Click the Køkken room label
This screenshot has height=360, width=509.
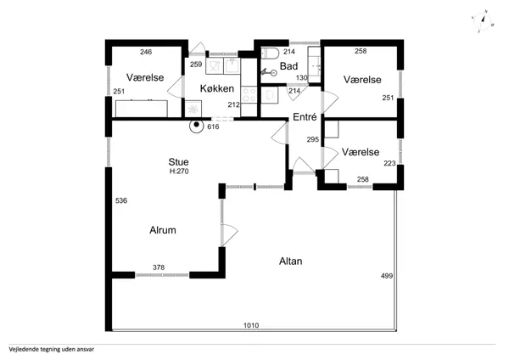pyautogui.click(x=217, y=88)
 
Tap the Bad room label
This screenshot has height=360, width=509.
pyautogui.click(x=288, y=66)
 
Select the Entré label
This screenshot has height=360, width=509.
pyautogui.click(x=305, y=117)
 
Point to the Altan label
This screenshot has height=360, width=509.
pyautogui.click(x=290, y=262)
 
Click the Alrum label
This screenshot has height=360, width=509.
pyautogui.click(x=163, y=230)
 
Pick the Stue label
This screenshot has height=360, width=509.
pyautogui.click(x=178, y=162)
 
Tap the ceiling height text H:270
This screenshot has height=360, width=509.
pyautogui.click(x=179, y=172)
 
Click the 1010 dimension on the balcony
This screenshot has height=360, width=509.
pyautogui.click(x=251, y=325)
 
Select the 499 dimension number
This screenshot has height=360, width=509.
pyautogui.click(x=387, y=276)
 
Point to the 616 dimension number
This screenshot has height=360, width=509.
pyautogui.click(x=213, y=127)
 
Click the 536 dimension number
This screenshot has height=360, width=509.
pyautogui.click(x=121, y=200)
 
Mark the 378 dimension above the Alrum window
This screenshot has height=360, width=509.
pyautogui.click(x=159, y=267)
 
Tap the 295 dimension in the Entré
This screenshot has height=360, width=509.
pyautogui.click(x=312, y=139)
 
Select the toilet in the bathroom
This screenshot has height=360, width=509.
pyautogui.click(x=270, y=53)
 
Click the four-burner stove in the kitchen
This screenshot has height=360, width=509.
pyautogui.click(x=249, y=94)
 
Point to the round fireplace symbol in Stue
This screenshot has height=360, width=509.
pyautogui.click(x=197, y=125)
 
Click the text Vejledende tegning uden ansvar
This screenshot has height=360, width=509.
pyautogui.click(x=52, y=350)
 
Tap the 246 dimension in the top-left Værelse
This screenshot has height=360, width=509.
pyautogui.click(x=146, y=52)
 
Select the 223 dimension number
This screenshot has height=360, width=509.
pyautogui.click(x=389, y=163)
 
